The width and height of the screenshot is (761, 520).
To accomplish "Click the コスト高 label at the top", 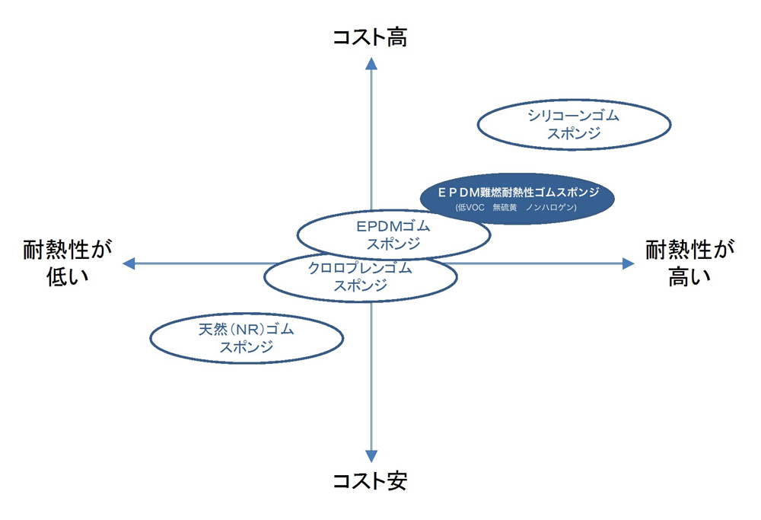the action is [370, 37].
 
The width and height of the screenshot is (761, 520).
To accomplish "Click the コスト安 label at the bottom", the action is [370, 480].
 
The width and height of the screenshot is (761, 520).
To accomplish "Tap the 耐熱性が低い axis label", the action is [68, 263].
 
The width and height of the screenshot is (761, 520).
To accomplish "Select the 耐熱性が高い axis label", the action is [689, 263].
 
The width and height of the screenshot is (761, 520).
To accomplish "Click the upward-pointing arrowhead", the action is [371, 64].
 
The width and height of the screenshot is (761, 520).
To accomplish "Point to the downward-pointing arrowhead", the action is [371, 456].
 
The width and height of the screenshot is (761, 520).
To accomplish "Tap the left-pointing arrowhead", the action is [129, 263].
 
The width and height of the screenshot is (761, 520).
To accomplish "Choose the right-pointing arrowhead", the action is [629, 263].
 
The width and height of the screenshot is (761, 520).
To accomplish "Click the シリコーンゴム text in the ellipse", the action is [574, 116].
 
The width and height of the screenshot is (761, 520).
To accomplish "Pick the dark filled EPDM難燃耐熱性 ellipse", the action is [517, 199].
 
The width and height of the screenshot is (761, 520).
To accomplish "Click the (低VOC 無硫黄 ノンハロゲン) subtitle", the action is [516, 208].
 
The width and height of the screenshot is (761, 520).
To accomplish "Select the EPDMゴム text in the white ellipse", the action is [393, 226].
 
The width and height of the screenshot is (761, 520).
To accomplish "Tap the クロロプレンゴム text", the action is [360, 268].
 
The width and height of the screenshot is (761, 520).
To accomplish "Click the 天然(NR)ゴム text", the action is [246, 330].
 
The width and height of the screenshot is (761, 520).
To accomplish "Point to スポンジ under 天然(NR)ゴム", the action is [247, 347].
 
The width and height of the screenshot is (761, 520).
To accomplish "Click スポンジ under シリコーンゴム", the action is [574, 133].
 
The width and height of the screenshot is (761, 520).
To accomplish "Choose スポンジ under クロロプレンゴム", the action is [360, 286].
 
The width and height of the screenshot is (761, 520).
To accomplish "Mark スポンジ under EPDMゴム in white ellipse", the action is [393, 244].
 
